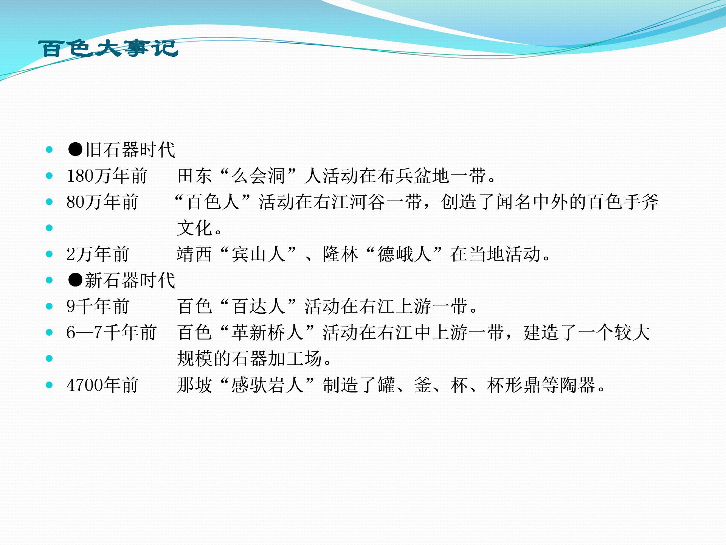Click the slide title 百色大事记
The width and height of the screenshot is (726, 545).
click(108, 48)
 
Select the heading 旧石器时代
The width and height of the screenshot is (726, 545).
click(130, 150)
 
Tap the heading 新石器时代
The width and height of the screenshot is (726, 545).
click(130, 280)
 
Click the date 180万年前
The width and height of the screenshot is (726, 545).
click(107, 176)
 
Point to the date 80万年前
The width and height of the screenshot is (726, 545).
click(102, 202)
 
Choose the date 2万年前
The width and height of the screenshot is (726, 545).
click(98, 254)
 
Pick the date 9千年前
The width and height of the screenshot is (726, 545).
click(98, 307)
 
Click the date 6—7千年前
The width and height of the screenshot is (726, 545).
click(112, 333)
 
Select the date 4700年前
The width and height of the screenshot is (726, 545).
click(102, 385)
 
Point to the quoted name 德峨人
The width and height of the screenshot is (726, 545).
click(404, 254)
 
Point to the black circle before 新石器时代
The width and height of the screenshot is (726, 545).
click(75, 280)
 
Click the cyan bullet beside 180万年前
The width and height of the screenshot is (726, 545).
click(49, 176)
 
